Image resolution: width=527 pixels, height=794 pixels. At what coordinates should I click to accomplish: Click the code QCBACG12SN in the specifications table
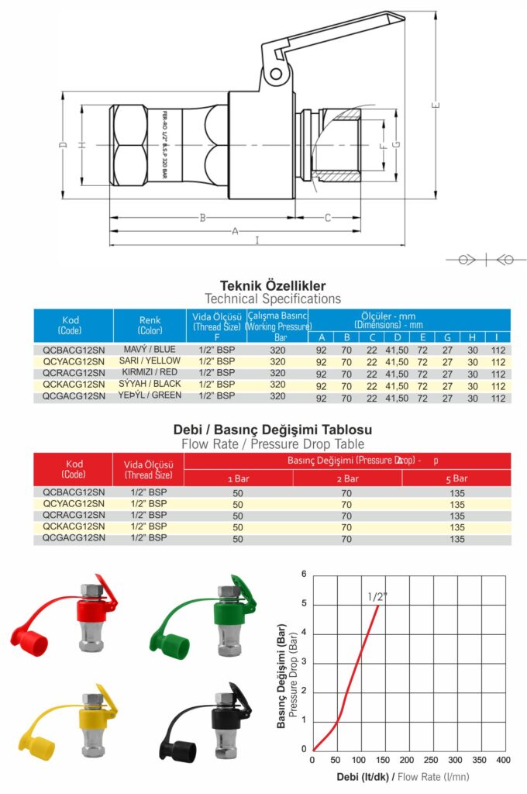[74, 350]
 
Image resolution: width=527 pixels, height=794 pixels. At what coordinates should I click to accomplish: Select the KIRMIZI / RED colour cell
[152, 372]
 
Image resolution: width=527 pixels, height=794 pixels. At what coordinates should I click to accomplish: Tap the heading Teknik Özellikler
[273, 285]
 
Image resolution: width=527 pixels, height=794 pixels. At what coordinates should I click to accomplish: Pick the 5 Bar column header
[456, 478]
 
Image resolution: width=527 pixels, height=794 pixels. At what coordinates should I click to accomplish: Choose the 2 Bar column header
[347, 478]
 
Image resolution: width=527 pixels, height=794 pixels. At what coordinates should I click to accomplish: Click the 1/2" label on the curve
[377, 596]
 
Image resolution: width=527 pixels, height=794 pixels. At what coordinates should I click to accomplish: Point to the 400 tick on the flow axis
[502, 760]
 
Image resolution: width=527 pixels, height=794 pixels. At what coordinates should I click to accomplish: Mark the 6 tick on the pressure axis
[304, 575]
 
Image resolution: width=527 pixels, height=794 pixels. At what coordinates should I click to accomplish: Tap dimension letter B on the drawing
[203, 218]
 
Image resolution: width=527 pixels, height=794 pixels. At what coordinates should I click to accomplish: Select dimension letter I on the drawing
[257, 240]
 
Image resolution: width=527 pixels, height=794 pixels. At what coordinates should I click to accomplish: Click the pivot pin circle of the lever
[275, 74]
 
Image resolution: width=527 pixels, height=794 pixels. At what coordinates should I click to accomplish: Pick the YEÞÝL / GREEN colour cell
[152, 395]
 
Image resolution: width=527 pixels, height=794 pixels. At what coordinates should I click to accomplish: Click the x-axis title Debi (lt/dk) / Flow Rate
[403, 776]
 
